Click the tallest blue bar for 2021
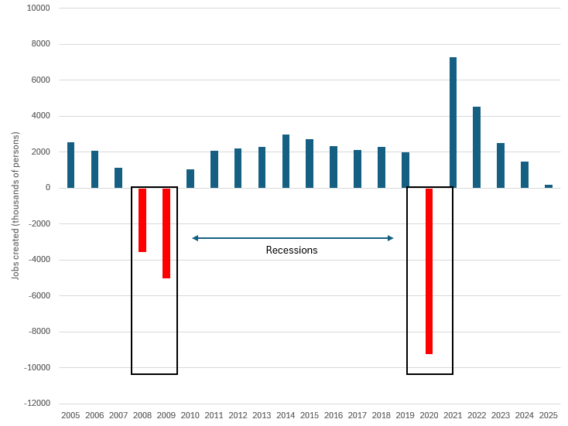tap(453, 122)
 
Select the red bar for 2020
tap(429, 271)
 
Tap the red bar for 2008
tap(142, 220)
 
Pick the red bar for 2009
tap(166, 233)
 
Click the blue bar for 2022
tap(477, 147)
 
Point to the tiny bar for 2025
tap(549, 186)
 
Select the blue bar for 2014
tap(286, 161)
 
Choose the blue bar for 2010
tap(190, 179)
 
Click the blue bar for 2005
tap(71, 165)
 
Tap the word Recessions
tap(292, 250)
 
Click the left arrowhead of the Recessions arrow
tap(195, 238)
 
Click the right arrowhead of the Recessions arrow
tap(391, 238)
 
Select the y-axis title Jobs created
tap(15, 205)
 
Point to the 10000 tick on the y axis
tap(37, 9)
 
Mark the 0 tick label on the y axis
tap(47, 188)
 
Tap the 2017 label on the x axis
tap(358, 415)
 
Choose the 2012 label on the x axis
tap(238, 415)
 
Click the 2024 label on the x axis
tap(525, 415)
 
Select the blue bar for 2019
tap(405, 170)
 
